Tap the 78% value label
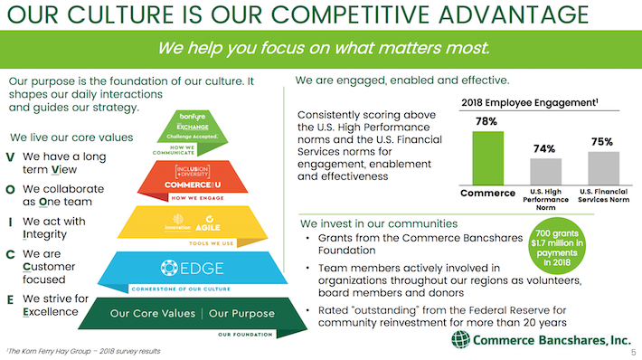[487, 121]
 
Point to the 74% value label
[545, 147]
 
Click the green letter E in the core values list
[9, 298]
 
